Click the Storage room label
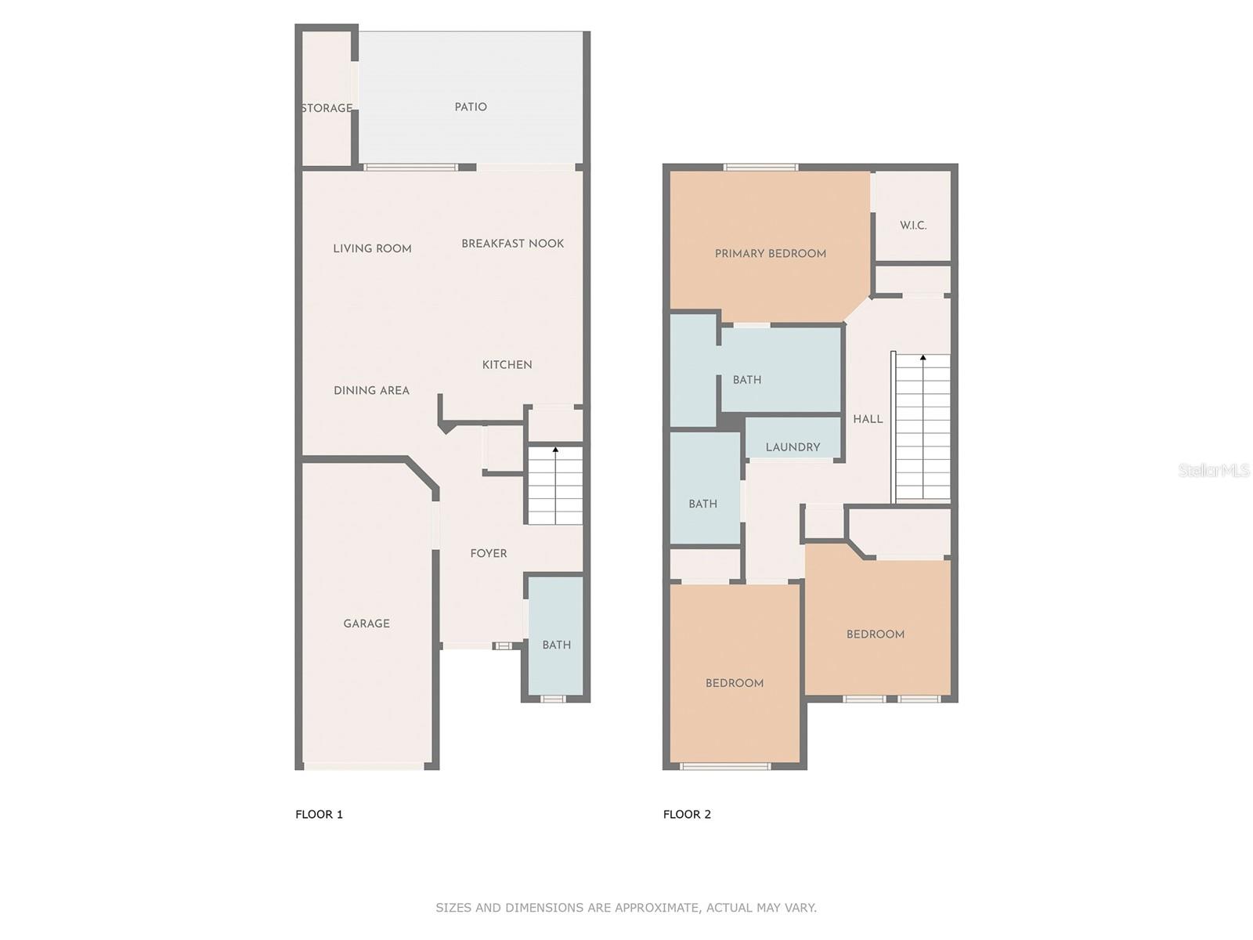click(x=327, y=108)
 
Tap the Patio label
click(x=471, y=107)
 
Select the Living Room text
click(x=372, y=248)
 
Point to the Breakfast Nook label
click(x=512, y=244)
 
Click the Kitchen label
click(x=507, y=364)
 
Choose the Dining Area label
click(x=371, y=390)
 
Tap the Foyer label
click(x=489, y=553)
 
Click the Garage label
click(x=367, y=624)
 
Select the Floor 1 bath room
click(x=556, y=644)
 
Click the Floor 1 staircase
click(x=555, y=486)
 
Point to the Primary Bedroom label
click(x=770, y=253)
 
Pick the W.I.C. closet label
click(x=913, y=225)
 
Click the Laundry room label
click(x=793, y=447)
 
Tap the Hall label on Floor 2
click(x=868, y=419)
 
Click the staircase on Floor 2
click(x=923, y=427)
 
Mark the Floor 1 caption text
click(x=319, y=814)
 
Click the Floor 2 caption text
click(x=687, y=814)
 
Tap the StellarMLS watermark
click(x=1214, y=470)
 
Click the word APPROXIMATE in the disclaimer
click(x=655, y=908)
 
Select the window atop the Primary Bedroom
click(x=760, y=167)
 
